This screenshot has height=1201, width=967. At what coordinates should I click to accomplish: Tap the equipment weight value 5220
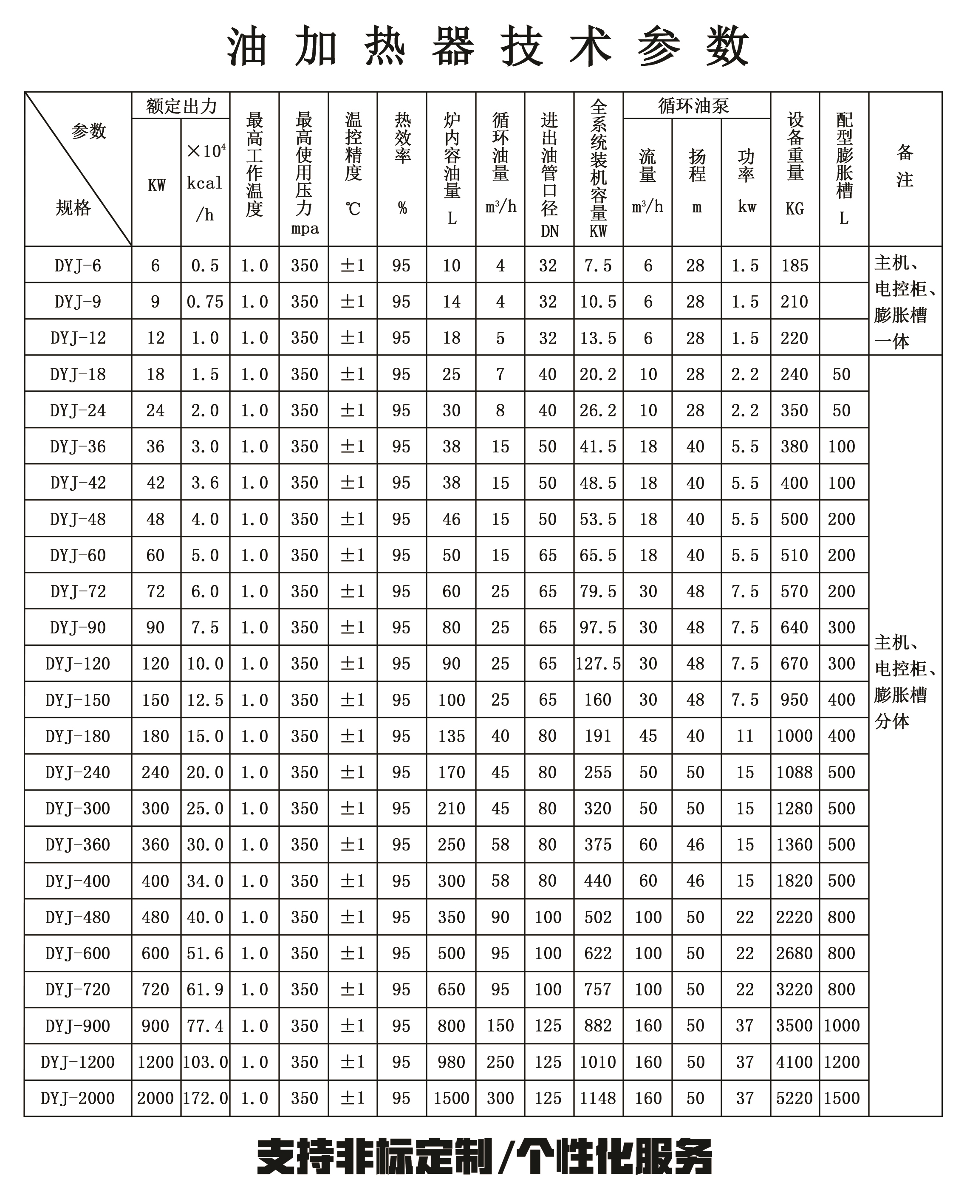[x=795, y=1098]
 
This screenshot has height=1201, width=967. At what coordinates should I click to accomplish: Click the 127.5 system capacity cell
[x=598, y=664]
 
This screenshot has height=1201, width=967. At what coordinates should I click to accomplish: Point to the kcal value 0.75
[x=205, y=302]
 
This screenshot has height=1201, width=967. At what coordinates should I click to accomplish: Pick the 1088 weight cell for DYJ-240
[x=795, y=772]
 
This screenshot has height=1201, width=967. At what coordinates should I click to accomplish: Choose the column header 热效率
[x=402, y=139]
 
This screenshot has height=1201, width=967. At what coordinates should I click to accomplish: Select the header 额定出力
[x=181, y=106]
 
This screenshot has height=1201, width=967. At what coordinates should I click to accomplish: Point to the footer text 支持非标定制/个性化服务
[x=484, y=1157]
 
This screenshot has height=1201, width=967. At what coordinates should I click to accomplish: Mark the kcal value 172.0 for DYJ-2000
[x=205, y=1098]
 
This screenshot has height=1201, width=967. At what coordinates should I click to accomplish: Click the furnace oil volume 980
[x=451, y=1062]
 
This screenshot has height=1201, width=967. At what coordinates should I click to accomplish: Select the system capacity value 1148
[x=598, y=1098]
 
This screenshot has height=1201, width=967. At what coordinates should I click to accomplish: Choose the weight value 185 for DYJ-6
[x=795, y=266]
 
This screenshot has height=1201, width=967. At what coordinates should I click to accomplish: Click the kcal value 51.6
[x=205, y=953]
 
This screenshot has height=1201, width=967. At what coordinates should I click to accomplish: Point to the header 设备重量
[x=795, y=147]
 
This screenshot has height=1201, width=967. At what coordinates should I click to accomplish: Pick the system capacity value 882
[x=598, y=1026]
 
